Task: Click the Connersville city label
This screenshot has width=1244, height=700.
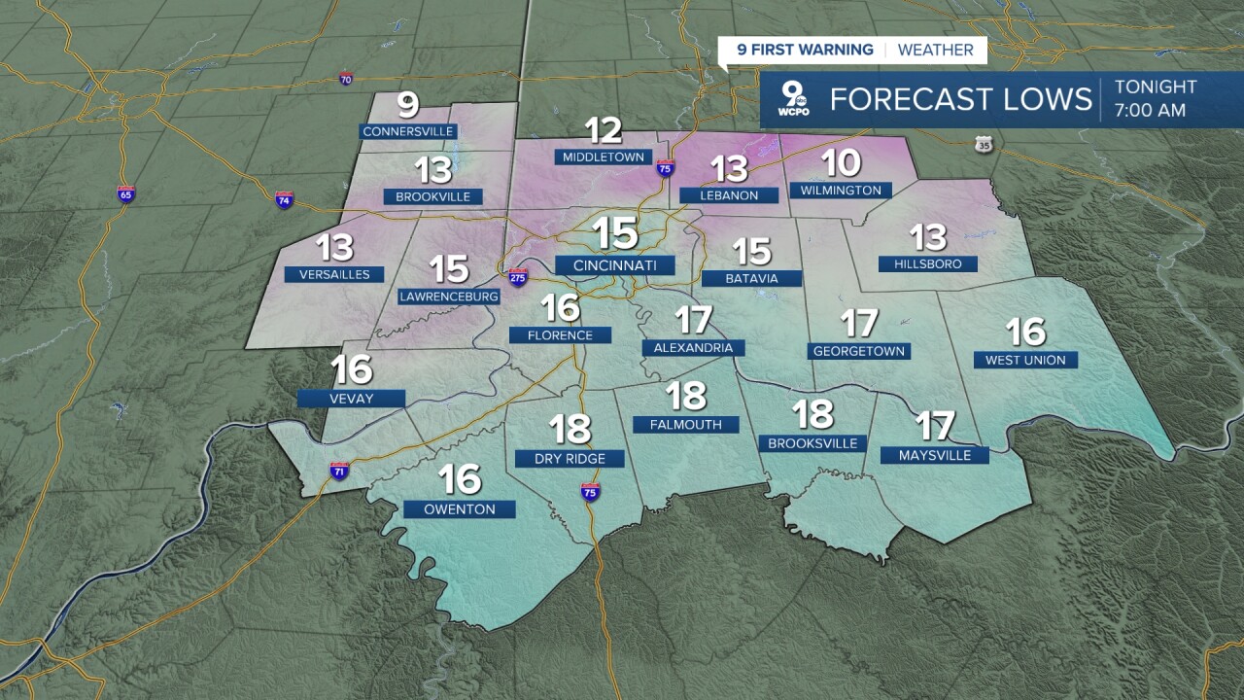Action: coord(408,131)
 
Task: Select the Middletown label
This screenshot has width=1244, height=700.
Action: coord(603,157)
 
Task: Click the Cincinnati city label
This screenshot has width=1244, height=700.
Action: coord(614,265)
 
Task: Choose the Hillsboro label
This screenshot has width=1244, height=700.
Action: coord(927,263)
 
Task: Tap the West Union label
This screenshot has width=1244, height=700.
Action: coord(1025,360)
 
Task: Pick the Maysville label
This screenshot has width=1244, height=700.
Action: coord(933,455)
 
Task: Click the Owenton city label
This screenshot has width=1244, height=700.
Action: coord(460,508)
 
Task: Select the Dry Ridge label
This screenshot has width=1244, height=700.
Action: coord(570,458)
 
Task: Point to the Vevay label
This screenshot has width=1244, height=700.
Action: coord(351,398)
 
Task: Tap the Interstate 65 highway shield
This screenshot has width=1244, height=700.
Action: coord(125,193)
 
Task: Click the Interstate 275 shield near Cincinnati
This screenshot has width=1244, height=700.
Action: coord(518,277)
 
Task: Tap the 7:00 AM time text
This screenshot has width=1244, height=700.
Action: coord(1150,110)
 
